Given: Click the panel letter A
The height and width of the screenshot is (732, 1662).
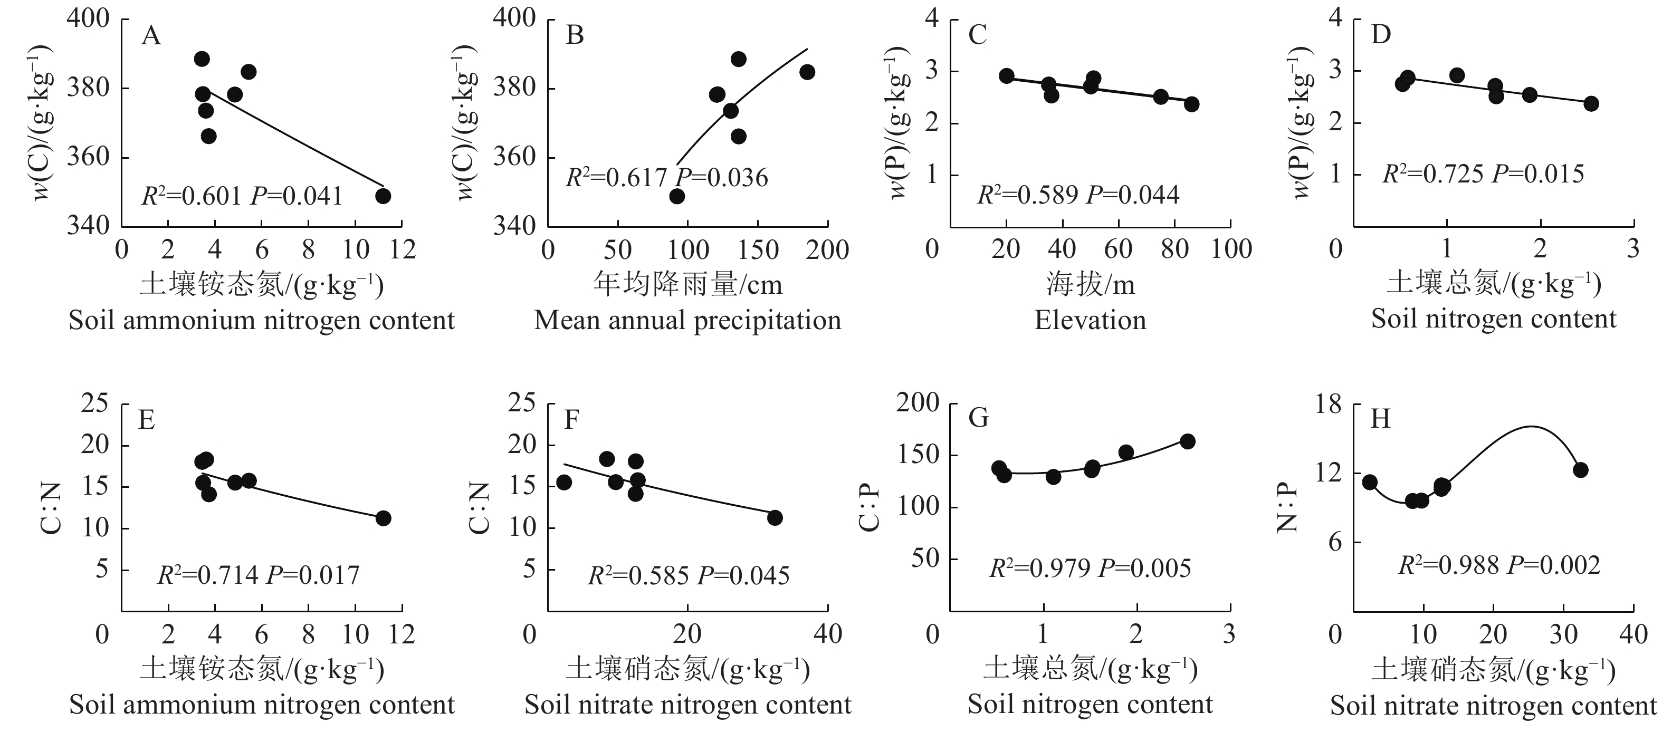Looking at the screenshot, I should (x=151, y=36).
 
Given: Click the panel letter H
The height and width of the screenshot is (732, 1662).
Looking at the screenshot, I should (x=1380, y=420).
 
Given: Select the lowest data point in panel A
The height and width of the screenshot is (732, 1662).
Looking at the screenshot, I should (x=383, y=196).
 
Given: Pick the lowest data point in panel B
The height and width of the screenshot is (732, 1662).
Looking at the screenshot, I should (x=677, y=196).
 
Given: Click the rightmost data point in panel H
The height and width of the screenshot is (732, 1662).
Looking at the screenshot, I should (x=1580, y=470).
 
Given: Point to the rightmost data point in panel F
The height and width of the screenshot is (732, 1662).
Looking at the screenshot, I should (x=775, y=518).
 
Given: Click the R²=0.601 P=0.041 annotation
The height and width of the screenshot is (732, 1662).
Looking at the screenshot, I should (x=242, y=196).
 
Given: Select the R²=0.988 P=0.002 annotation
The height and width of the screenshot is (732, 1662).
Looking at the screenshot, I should (x=1499, y=565).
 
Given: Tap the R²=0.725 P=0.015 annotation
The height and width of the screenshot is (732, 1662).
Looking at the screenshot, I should (x=1483, y=174).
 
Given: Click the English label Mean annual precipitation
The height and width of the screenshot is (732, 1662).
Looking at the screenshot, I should (x=688, y=321).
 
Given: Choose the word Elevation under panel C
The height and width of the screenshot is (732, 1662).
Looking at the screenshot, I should (x=1091, y=321).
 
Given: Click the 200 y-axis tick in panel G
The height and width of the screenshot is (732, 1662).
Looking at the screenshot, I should (x=918, y=403).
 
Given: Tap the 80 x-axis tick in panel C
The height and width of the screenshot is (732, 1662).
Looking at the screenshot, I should (x=1174, y=249).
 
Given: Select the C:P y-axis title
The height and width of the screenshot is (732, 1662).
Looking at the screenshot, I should (x=871, y=507).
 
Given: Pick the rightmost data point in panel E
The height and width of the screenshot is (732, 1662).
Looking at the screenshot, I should (x=383, y=518).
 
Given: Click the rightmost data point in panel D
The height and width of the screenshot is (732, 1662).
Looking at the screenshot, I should (x=1591, y=104).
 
